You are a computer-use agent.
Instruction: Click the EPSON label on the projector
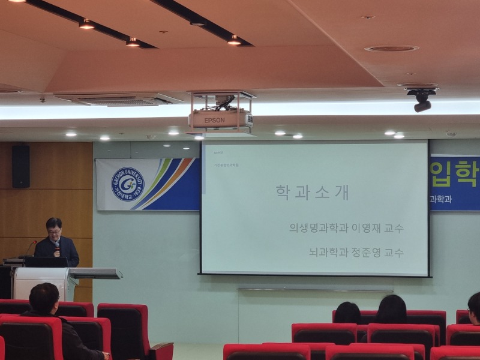coord(214,120)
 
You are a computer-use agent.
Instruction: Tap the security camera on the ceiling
coord(422,100)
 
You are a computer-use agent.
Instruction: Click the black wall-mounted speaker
coord(20,166)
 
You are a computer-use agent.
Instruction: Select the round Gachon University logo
coord(128,184)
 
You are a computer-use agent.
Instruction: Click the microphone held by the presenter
coord(57,245)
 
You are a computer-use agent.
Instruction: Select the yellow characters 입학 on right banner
coord(453,174)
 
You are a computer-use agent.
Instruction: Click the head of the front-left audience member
coord(44,298)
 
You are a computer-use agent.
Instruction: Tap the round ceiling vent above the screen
coord(391,48)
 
